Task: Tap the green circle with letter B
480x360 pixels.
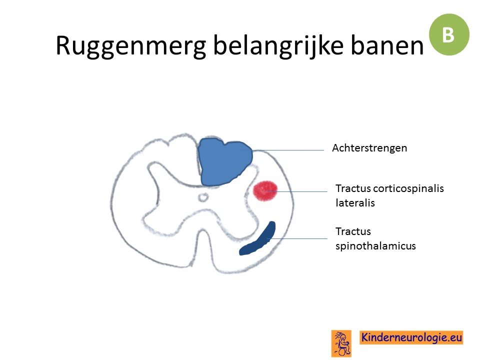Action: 449,34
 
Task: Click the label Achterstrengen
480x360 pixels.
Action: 369,148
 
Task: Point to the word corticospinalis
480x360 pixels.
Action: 408,188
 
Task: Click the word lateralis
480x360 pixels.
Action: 355,203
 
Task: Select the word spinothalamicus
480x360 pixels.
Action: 375,246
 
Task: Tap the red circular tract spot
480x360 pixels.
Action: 265,191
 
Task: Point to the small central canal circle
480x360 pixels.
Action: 202,197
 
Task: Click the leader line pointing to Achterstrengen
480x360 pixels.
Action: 288,150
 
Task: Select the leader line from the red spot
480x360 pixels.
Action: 296,191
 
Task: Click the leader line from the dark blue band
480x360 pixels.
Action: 297,238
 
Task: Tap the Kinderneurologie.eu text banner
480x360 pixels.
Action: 411,337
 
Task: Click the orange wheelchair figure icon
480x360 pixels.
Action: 341,343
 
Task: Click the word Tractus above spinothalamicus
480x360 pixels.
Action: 353,231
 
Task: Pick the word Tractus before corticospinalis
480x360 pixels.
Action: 353,188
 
